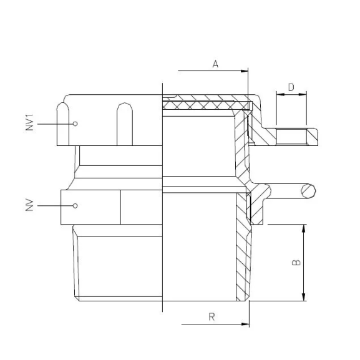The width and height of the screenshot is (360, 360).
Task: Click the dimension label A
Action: [x=215, y=64]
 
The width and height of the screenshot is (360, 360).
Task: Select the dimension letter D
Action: [x=291, y=87]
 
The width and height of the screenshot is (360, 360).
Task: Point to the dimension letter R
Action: [x=212, y=317]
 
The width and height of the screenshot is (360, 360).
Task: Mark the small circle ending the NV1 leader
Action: [x=75, y=124]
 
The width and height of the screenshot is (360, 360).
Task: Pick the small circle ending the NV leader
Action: [x=75, y=205]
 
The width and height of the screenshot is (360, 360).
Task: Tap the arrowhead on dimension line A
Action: [x=245, y=71]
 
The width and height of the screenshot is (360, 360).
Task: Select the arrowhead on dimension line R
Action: [x=245, y=324]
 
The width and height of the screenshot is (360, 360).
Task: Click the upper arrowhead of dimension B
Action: [x=304, y=227]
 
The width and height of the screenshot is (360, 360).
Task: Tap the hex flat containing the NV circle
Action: [x=90, y=206]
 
